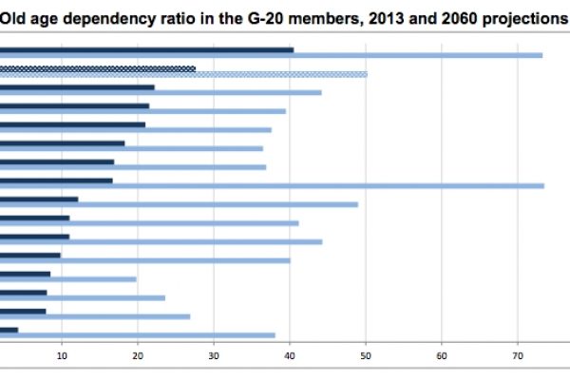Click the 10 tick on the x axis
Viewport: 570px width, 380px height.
click(x=62, y=355)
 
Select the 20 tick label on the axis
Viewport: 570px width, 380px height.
click(x=138, y=355)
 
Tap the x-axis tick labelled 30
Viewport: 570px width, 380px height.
click(x=214, y=355)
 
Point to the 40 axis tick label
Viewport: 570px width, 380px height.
click(x=290, y=355)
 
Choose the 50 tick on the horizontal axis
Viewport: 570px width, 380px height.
click(x=366, y=355)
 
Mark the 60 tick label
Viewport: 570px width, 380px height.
click(x=442, y=355)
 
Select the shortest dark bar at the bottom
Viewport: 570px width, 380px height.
click(x=9, y=330)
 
